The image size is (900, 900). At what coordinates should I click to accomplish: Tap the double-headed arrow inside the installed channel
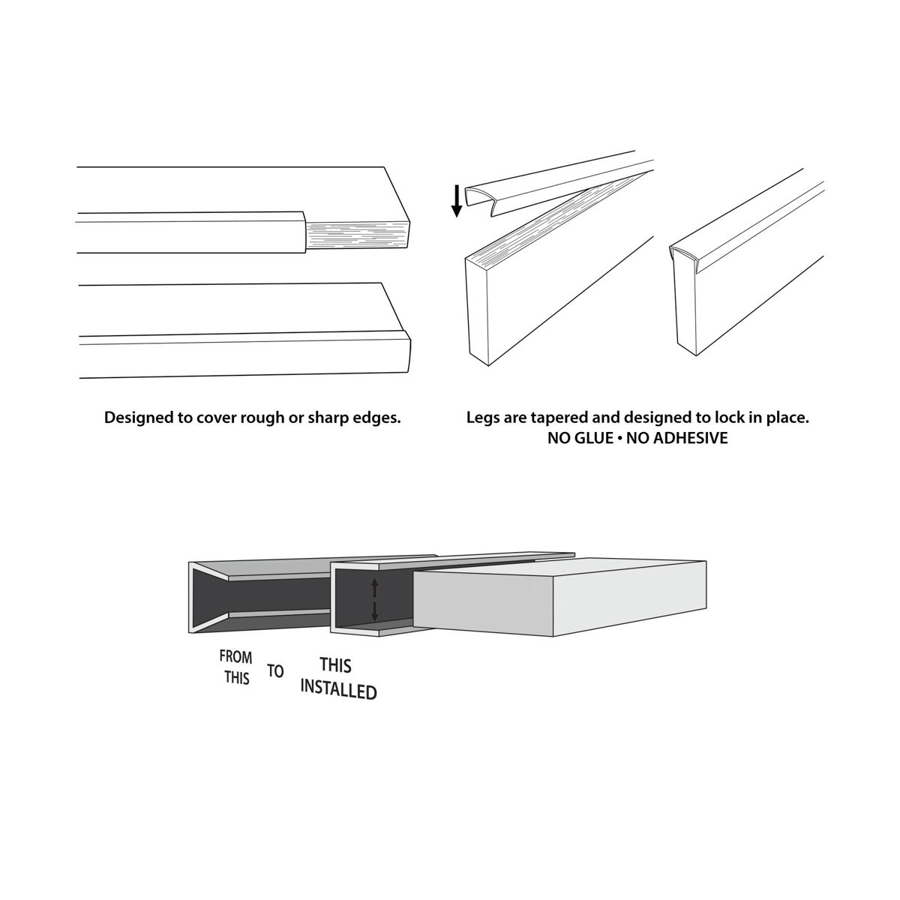376,600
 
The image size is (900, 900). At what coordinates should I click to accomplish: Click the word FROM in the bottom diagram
235,657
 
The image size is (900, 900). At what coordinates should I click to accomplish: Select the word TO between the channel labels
276,670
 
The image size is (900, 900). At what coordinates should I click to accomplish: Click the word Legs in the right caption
482,418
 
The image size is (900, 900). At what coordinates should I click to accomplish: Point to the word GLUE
592,439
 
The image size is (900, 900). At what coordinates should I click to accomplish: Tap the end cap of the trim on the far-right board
683,255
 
